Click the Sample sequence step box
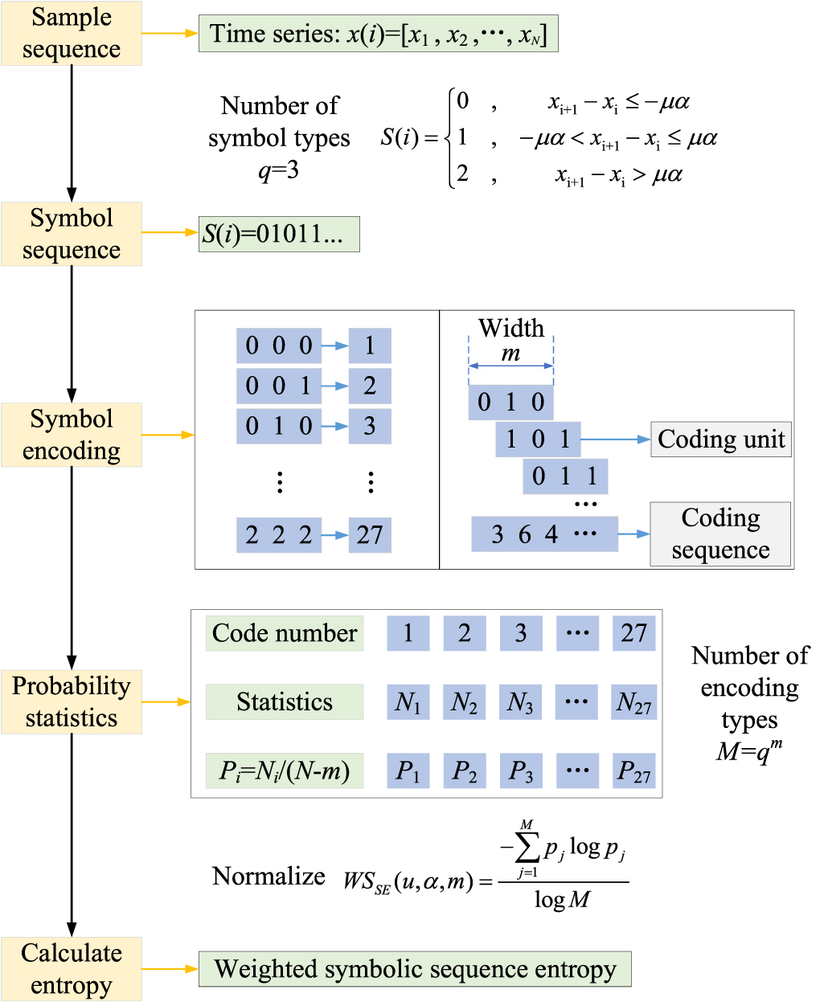[72, 33]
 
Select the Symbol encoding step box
[72, 435]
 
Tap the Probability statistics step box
[72, 701]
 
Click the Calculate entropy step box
[72, 968]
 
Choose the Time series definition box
[378, 35]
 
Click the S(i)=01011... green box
[279, 234]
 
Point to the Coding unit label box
[720, 440]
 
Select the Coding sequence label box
[720, 534]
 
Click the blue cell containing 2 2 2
[278, 535]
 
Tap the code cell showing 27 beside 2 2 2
[370, 535]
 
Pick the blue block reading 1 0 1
[538, 439]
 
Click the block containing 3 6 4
[544, 534]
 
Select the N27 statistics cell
[633, 702]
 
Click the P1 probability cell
[408, 771]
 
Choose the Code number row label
[285, 633]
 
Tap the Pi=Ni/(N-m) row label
[285, 771]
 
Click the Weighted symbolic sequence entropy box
[415, 969]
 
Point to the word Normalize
[269, 876]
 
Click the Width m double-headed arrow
[510, 366]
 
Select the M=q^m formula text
[748, 750]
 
